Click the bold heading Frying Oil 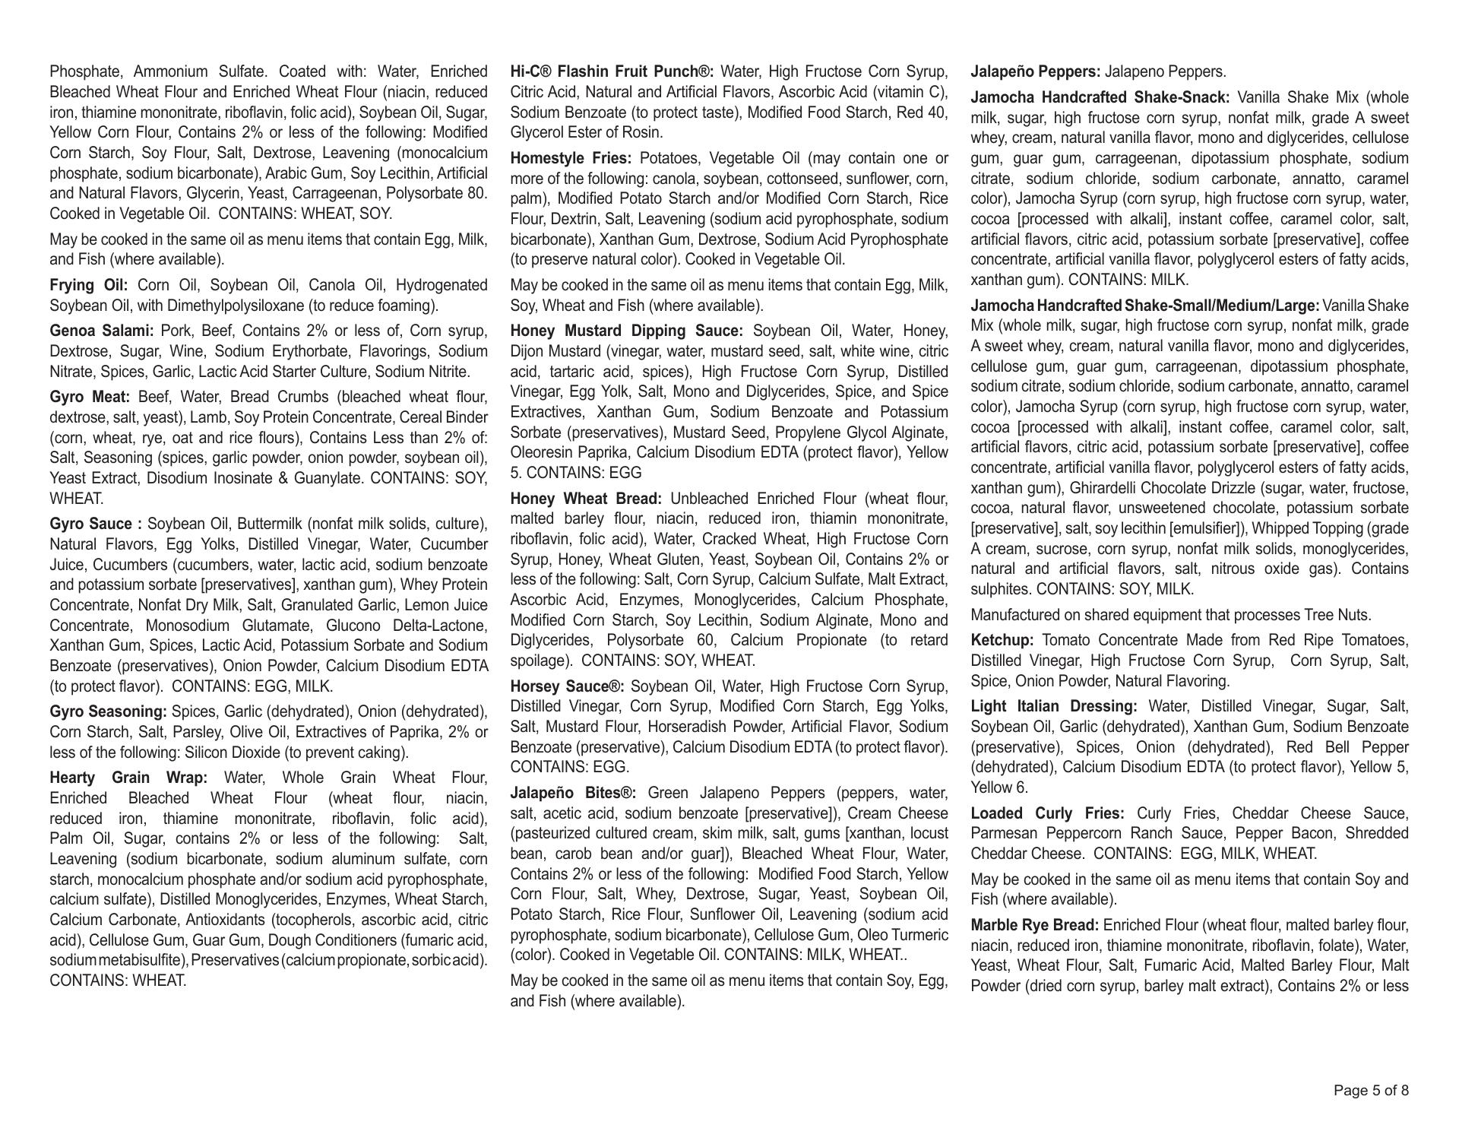88,286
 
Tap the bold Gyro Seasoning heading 108,712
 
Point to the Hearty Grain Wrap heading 128,778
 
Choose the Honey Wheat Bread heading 586,499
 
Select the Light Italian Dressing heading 1054,707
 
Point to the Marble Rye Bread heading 1035,926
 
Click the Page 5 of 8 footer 1371,1091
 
